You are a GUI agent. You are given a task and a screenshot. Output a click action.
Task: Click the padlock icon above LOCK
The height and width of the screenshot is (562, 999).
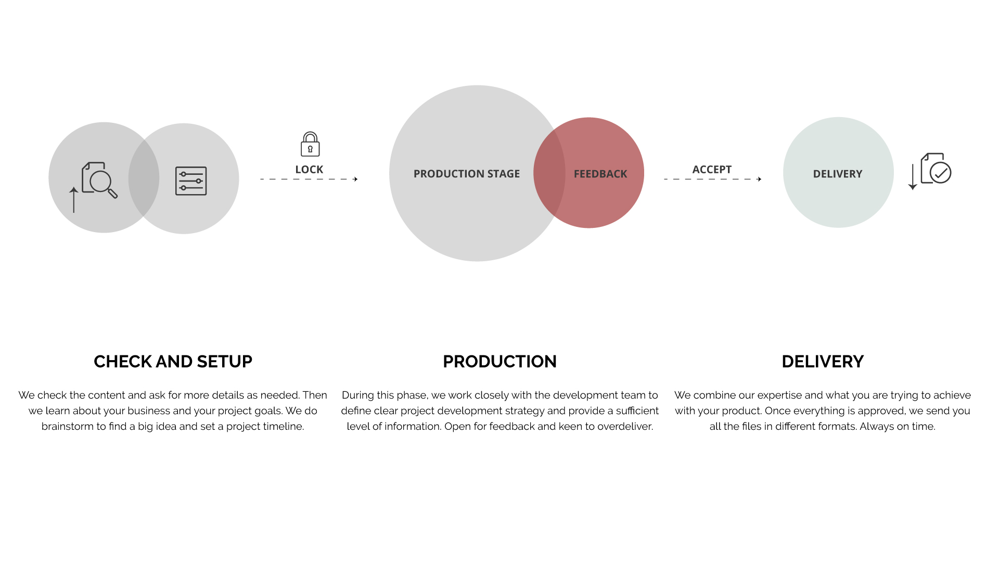pyautogui.click(x=310, y=144)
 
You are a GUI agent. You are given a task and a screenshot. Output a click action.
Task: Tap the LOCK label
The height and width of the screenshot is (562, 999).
pyautogui.click(x=309, y=170)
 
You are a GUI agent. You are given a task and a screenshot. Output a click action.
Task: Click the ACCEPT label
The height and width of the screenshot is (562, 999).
pyautogui.click(x=712, y=170)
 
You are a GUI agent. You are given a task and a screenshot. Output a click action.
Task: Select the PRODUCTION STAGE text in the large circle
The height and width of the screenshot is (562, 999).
pyautogui.click(x=467, y=174)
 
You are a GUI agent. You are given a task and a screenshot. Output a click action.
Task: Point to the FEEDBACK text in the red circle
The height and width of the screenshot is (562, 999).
pyautogui.click(x=600, y=174)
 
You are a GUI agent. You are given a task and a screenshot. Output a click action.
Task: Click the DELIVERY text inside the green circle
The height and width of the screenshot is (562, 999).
pyautogui.click(x=838, y=174)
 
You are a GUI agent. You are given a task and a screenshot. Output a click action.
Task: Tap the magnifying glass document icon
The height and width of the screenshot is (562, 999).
pyautogui.click(x=99, y=180)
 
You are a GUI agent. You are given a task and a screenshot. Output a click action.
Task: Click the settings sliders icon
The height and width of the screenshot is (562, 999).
pyautogui.click(x=191, y=181)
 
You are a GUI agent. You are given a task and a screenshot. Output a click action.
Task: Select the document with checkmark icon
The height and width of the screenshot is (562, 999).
pyautogui.click(x=936, y=168)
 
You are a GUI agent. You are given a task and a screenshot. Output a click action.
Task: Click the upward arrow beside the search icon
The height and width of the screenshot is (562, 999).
pyautogui.click(x=74, y=200)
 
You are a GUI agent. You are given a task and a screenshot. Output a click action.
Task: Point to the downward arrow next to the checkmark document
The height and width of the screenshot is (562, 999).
pyautogui.click(x=913, y=177)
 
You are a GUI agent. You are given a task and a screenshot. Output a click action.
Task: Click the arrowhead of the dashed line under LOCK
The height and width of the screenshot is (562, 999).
pyautogui.click(x=355, y=179)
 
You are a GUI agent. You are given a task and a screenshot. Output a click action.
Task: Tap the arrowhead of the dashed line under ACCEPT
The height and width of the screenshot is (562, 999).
pyautogui.click(x=759, y=179)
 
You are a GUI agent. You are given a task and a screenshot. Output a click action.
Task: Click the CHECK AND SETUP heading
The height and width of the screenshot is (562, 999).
pyautogui.click(x=173, y=362)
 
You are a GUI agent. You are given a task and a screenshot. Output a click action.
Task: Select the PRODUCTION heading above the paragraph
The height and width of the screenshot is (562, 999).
pyautogui.click(x=499, y=362)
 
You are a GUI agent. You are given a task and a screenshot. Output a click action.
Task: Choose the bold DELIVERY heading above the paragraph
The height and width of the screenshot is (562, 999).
pyautogui.click(x=823, y=362)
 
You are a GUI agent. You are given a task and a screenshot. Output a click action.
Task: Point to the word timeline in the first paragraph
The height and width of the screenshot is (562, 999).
pyautogui.click(x=284, y=426)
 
